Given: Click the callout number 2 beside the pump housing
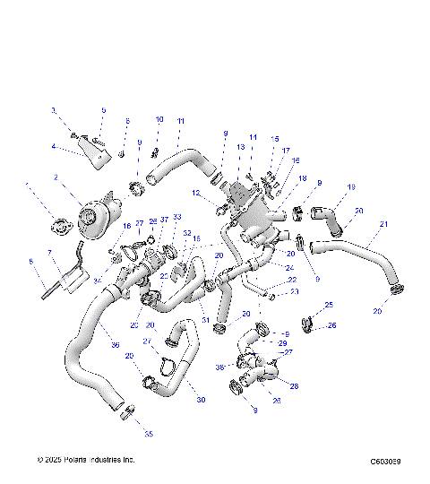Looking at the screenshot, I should pos(56,178).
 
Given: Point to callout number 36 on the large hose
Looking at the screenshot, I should pos(114,344).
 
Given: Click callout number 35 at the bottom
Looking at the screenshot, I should pos(149,434).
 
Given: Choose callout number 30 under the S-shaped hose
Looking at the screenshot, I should pos(200,399).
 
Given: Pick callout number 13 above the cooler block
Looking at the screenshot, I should pos(240,146).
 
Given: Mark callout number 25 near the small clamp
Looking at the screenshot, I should pos(328,305).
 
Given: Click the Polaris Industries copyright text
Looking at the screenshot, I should pos(86,460).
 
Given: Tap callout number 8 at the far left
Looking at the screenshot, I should pos(30,262).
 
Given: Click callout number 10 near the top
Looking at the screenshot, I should pos(159,119).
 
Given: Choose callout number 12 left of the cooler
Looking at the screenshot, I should pos(195,193).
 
